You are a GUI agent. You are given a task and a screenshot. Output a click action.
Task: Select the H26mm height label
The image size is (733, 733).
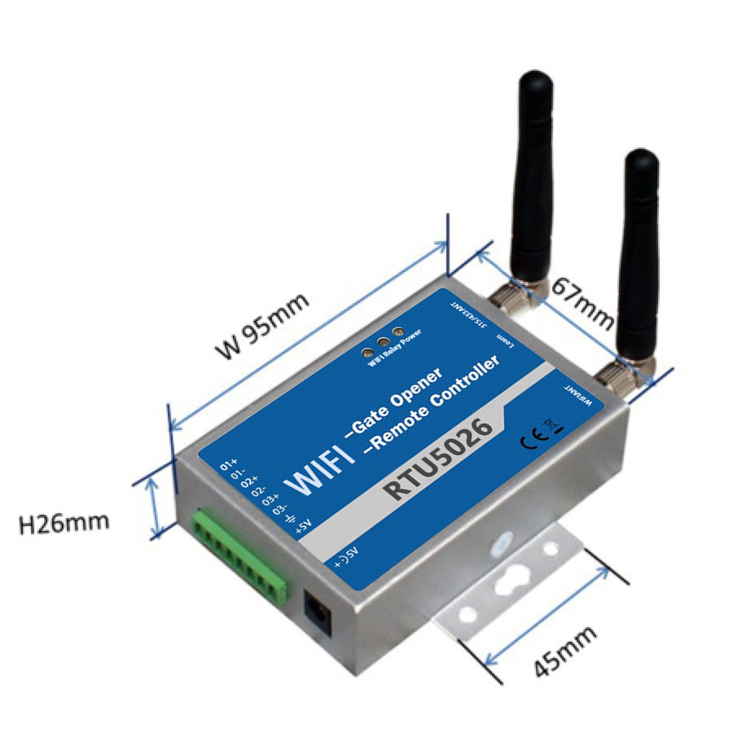64,522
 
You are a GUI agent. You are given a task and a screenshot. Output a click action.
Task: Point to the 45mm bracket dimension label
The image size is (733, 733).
565,651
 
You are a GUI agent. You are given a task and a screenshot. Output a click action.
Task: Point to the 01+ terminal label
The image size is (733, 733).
229,465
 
